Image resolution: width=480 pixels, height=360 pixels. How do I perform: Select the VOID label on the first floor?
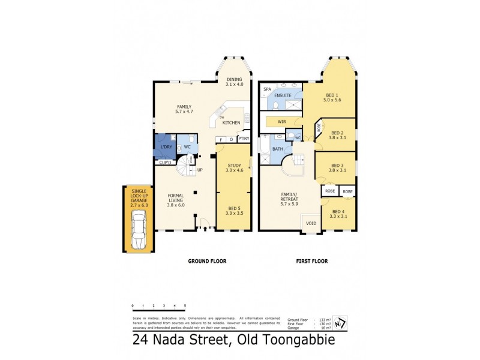coord(311,223)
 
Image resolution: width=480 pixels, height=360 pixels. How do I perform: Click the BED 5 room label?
coord(233,210)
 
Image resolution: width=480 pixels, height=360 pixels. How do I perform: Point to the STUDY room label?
coord(233,167)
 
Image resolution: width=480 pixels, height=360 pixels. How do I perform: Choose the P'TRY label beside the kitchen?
coord(243,139)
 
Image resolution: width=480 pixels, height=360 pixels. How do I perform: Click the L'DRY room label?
coord(165,147)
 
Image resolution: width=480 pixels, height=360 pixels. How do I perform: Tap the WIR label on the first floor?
coord(281,121)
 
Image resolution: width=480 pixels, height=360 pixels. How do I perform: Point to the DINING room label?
coord(234,82)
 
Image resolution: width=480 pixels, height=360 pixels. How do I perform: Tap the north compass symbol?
coord(341,322)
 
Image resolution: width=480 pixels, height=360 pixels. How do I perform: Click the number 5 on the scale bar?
coord(185,306)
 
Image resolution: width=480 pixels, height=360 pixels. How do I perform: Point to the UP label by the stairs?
coord(200,170)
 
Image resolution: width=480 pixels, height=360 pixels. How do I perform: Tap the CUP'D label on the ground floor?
coord(166,162)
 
